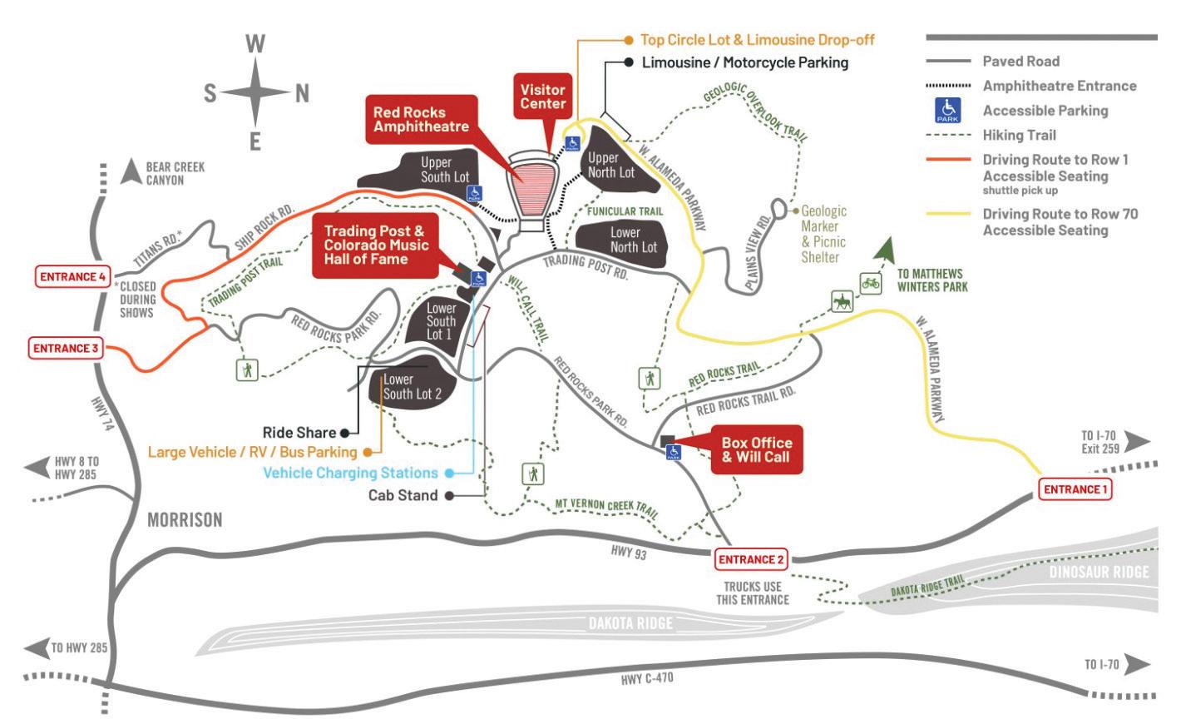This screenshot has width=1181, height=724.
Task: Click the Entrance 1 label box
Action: click(1075, 489)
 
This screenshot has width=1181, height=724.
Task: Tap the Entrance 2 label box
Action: click(751, 559)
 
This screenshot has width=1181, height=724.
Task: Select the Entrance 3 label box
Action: click(66, 348)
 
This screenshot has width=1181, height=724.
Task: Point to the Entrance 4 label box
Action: click(72, 276)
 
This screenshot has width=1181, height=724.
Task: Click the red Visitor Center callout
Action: click(543, 97)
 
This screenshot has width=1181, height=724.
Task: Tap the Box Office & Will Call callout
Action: click(755, 450)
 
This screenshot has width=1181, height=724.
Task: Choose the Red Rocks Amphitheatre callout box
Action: click(421, 119)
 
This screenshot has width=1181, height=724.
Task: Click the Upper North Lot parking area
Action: click(610, 166)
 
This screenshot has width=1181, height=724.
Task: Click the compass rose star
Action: click(256, 93)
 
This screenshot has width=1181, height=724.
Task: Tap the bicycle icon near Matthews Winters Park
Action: click(870, 283)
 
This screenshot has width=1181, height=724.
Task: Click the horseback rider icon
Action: click(843, 301)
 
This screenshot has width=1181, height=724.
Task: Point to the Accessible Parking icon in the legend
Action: click(948, 110)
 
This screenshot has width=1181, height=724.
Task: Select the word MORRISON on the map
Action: click(185, 520)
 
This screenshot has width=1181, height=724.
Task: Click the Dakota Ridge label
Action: click(630, 623)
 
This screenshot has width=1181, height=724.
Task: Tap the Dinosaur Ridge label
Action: click(1099, 572)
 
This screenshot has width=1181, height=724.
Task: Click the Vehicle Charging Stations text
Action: click(350, 473)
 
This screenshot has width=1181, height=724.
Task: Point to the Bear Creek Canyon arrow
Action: click(131, 171)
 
